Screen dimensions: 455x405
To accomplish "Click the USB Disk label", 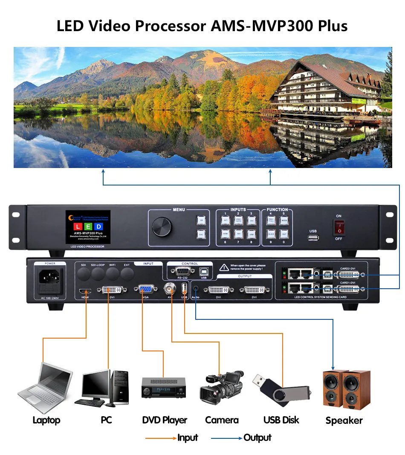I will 281,420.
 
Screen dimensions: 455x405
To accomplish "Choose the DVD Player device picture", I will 164,388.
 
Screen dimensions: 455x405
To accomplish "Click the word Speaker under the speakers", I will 344,420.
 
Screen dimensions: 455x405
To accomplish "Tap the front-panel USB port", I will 313,237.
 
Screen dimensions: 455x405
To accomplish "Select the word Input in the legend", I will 188,438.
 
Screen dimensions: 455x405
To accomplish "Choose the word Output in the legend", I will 257,438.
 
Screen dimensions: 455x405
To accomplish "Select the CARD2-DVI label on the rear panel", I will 347,269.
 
